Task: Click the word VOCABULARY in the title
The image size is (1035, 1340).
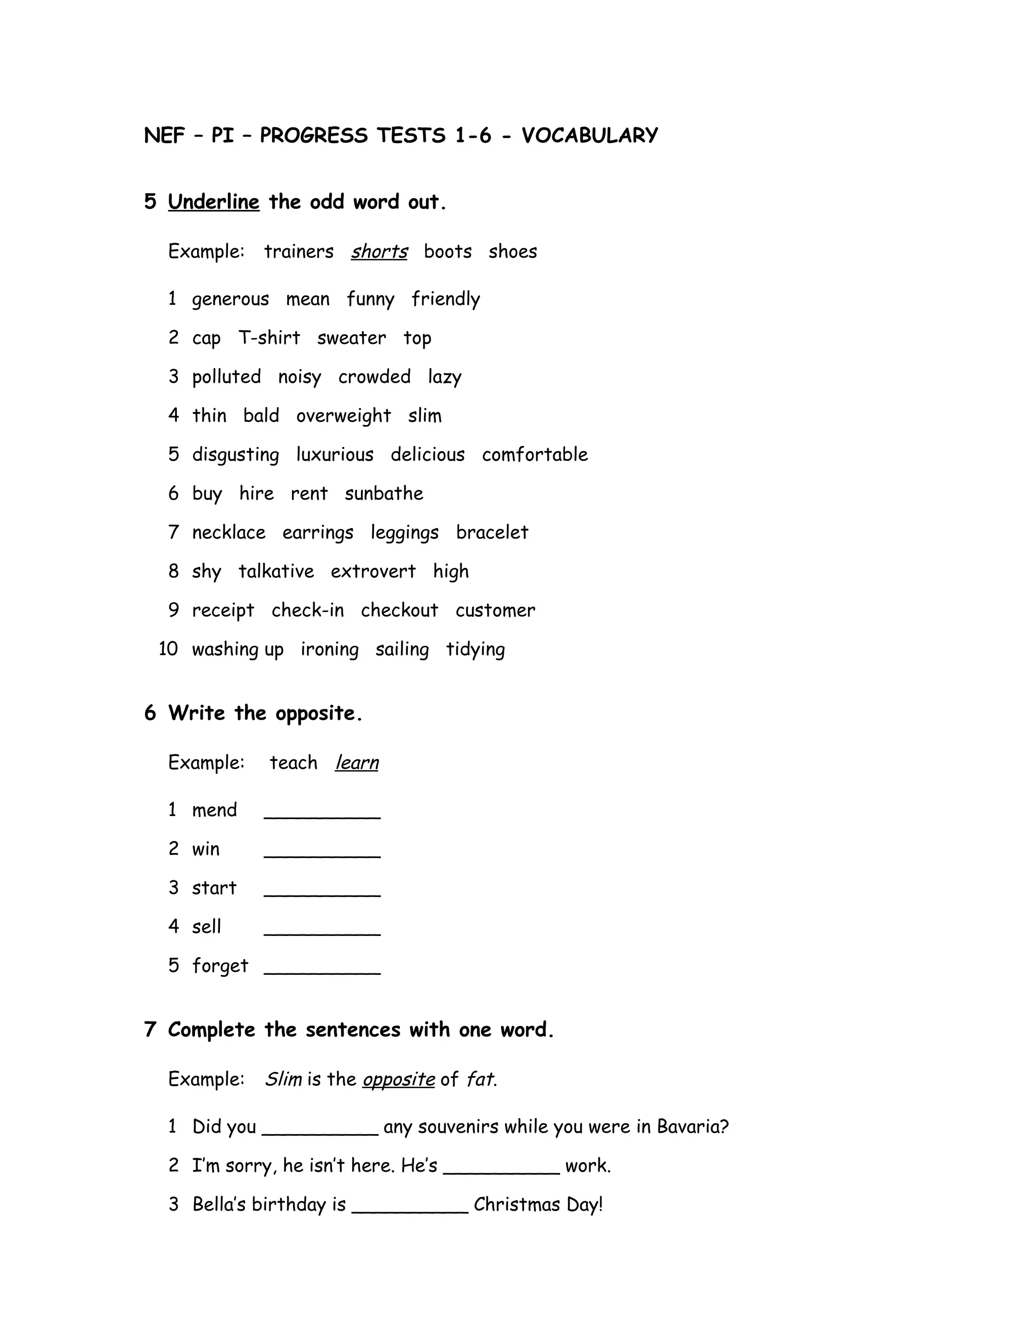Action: click(589, 136)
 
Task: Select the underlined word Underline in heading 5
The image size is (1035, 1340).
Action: click(213, 202)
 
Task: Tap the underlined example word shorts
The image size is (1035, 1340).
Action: click(379, 251)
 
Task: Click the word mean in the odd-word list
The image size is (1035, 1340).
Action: click(308, 299)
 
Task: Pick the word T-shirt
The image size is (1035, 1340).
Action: click(269, 338)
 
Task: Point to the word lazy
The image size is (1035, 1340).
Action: click(445, 377)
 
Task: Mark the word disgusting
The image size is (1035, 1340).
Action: click(236, 455)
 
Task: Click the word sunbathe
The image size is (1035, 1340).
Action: click(384, 494)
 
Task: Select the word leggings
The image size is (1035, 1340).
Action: click(405, 533)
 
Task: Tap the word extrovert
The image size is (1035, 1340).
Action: click(373, 572)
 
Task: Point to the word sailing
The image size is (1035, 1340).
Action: click(402, 650)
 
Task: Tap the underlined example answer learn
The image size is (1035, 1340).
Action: click(357, 763)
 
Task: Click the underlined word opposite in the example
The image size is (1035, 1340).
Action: click(399, 1079)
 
